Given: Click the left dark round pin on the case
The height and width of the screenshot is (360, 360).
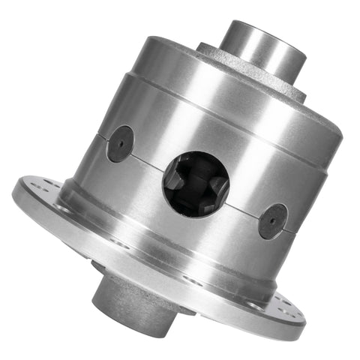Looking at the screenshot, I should click(120, 143).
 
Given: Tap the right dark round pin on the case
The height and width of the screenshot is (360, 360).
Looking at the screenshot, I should click(273, 220).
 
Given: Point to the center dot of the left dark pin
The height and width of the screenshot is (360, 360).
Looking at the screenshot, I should click(120, 143).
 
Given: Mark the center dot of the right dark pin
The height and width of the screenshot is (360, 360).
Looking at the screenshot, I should click(273, 220).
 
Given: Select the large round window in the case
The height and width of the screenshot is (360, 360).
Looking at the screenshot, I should click(196, 183).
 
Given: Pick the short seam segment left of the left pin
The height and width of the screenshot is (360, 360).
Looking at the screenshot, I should click(101, 135).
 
